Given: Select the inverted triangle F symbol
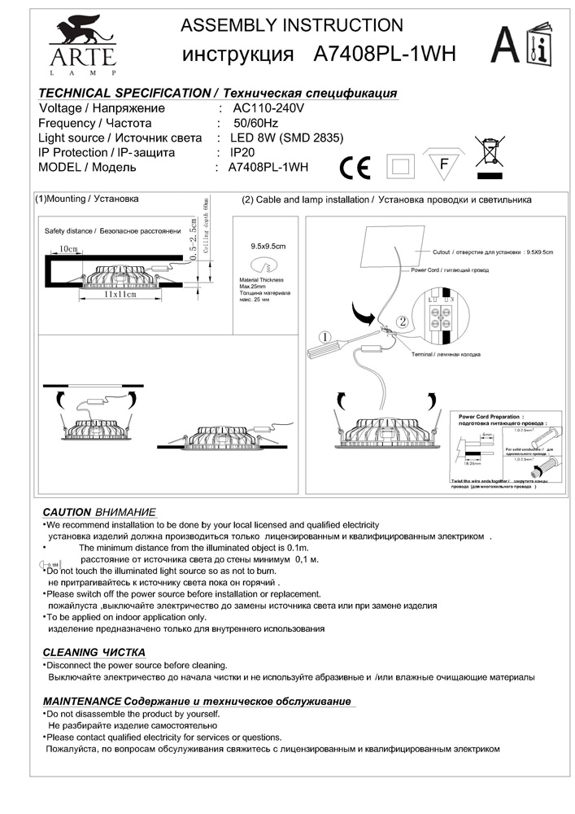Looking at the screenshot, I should pyautogui.click(x=443, y=164).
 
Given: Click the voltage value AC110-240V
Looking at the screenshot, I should pyautogui.click(x=268, y=108).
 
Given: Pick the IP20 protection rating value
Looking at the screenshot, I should pyautogui.click(x=244, y=152).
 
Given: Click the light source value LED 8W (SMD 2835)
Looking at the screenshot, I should pyautogui.click(x=287, y=138).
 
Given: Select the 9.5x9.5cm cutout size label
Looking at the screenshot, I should pyautogui.click(x=268, y=245).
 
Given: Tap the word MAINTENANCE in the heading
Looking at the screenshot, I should pyautogui.click(x=81, y=701).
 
